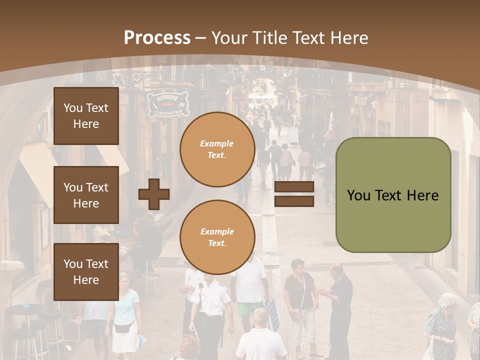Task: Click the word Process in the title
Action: pyautogui.click(x=157, y=37)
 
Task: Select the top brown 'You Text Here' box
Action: pyautogui.click(x=86, y=116)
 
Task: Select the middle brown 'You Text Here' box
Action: pyautogui.click(x=86, y=195)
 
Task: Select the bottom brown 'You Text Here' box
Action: pyautogui.click(x=86, y=271)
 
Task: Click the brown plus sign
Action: pyautogui.click(x=154, y=194)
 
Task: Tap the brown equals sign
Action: pyautogui.click(x=294, y=194)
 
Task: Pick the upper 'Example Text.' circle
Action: pyautogui.click(x=217, y=149)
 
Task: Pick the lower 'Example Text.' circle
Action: pyautogui.click(x=217, y=237)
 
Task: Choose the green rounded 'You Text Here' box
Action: pyautogui.click(x=393, y=195)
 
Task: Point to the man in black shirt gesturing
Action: pyautogui.click(x=340, y=305)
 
